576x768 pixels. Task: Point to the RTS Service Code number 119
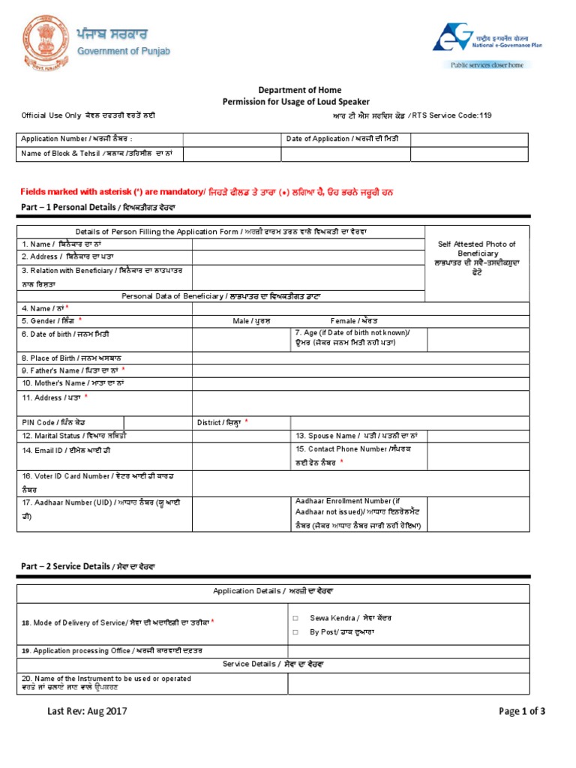487,115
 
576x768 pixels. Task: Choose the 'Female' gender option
354,321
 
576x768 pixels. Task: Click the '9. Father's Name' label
73,370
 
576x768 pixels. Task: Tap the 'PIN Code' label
48,423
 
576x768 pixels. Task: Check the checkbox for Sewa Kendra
296,618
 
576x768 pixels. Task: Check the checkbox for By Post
296,632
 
